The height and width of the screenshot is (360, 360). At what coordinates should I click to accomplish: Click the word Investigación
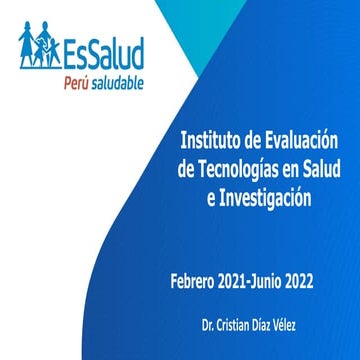tap(263, 198)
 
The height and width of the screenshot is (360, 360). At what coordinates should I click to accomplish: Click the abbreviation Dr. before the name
tap(209, 327)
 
